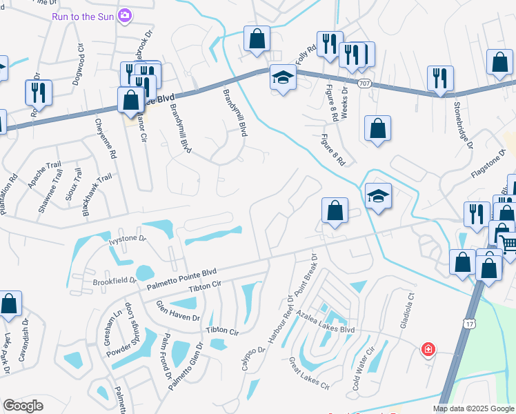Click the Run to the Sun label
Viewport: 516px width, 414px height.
(x=83, y=15)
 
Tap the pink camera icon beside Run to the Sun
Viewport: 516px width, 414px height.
(x=125, y=15)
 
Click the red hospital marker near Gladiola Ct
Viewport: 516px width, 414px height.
(x=428, y=350)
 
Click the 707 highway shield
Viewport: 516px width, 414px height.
(x=364, y=83)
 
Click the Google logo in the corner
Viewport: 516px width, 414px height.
(x=23, y=406)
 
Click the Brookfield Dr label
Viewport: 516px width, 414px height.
(x=115, y=282)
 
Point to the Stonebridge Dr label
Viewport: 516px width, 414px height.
(x=464, y=126)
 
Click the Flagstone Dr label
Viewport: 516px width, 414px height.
(x=488, y=164)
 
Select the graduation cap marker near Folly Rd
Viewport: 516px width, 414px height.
(x=282, y=77)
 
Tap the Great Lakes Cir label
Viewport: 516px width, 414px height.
(x=308, y=373)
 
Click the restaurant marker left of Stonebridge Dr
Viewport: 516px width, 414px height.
(x=439, y=79)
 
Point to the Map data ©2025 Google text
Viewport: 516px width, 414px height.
(x=473, y=408)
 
